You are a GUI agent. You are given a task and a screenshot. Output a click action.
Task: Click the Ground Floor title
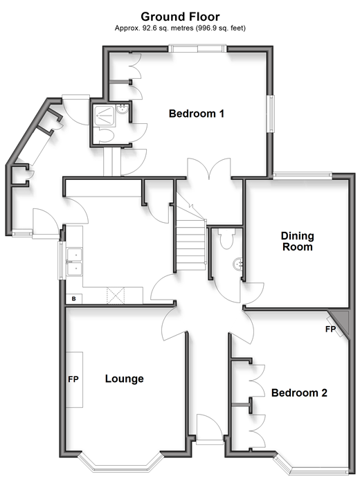click(x=180, y=17)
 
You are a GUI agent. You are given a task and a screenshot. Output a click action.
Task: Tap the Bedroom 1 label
click(x=197, y=114)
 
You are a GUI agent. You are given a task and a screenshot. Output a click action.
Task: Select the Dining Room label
click(x=298, y=241)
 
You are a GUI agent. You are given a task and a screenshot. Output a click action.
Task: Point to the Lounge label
click(x=125, y=379)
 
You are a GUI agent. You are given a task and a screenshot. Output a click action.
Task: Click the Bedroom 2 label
click(x=299, y=392)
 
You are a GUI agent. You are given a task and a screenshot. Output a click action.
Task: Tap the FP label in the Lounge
click(x=73, y=379)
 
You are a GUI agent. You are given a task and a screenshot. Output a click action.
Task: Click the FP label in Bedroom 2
click(x=330, y=329)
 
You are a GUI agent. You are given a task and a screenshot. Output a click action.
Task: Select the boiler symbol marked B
click(x=73, y=298)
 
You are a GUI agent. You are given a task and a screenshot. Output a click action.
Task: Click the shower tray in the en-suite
click(x=105, y=116)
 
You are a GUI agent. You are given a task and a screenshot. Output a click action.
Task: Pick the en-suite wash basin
click(x=123, y=109)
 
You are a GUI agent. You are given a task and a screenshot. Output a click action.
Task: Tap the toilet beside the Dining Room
click(x=226, y=238)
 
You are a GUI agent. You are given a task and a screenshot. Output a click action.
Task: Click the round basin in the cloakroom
click(x=237, y=264)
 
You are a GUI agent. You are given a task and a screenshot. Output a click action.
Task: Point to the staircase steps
click(x=191, y=244)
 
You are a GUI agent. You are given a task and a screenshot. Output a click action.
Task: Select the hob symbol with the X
click(x=116, y=295)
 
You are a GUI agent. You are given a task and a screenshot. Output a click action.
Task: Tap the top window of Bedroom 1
click(x=198, y=48)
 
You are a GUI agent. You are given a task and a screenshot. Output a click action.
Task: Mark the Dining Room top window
click(x=303, y=175)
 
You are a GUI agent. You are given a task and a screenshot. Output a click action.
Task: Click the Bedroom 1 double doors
click(x=209, y=168)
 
